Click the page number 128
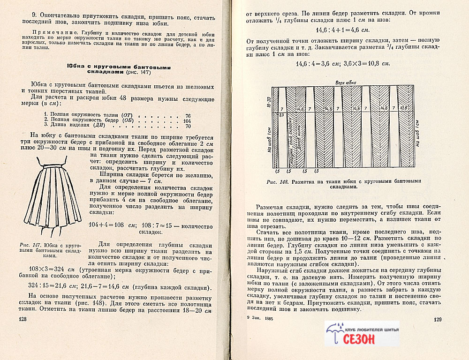coord(22,319)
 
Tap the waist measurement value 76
coord(188,115)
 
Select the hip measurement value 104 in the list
coord(187,120)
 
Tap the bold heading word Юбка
coord(76,67)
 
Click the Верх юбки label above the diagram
coord(345,83)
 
